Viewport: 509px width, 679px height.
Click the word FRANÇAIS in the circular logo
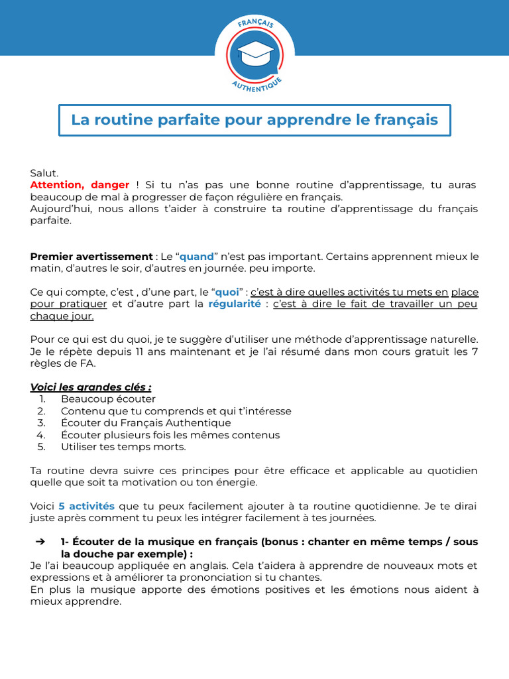pyautogui.click(x=255, y=25)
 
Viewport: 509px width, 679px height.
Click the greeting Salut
pyautogui.click(x=44, y=173)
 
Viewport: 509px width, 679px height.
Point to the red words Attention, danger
pyautogui.click(x=80, y=185)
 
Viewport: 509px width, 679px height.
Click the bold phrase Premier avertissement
pyautogui.click(x=91, y=257)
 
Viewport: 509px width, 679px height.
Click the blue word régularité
pyautogui.click(x=235, y=304)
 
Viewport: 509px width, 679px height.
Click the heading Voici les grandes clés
pyautogui.click(x=91, y=387)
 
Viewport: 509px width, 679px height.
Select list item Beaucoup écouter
pyautogui.click(x=108, y=399)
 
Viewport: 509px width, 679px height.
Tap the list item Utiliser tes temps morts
pyautogui.click(x=123, y=447)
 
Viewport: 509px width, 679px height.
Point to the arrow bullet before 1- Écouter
pyautogui.click(x=40, y=542)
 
